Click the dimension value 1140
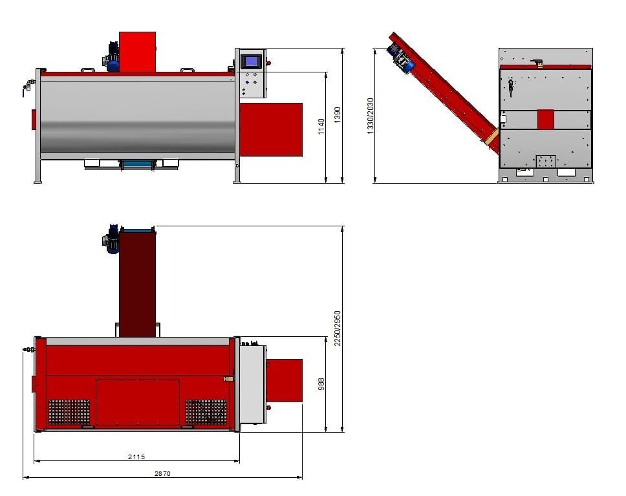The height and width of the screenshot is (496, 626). [321, 126]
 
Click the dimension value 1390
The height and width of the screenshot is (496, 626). [338, 114]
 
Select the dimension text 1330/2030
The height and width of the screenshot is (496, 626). [370, 116]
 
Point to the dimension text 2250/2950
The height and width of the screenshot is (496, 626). [338, 329]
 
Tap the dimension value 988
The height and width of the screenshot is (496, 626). [321, 383]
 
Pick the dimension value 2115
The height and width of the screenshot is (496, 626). [136, 457]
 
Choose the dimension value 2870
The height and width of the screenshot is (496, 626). [162, 473]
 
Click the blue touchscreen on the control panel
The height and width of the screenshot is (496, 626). [251, 61]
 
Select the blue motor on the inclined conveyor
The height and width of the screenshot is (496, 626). [401, 59]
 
